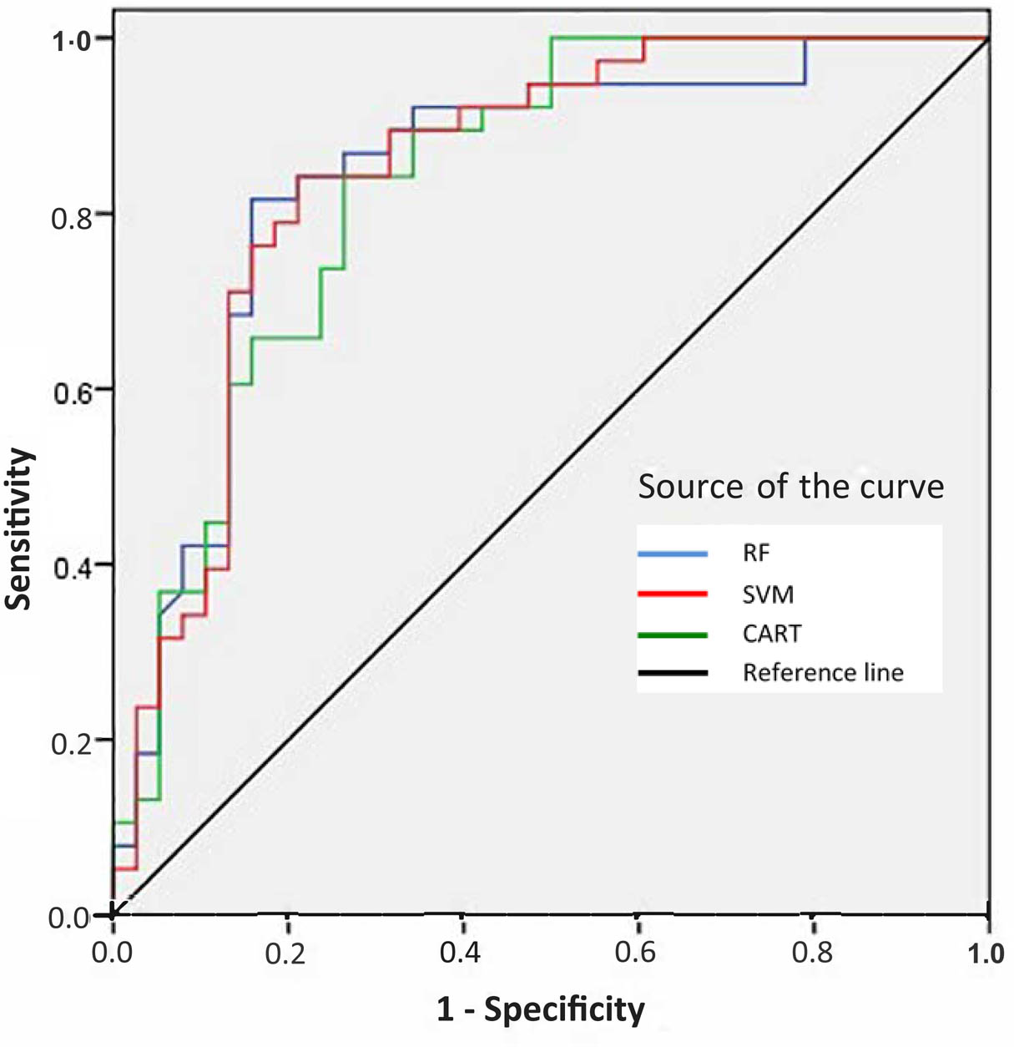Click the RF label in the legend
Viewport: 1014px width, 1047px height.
pos(756,554)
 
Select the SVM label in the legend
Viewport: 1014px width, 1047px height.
pos(768,594)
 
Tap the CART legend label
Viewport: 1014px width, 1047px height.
pos(772,634)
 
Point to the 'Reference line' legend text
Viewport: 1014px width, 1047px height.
pos(823,673)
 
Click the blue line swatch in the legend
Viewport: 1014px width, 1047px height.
pos(673,554)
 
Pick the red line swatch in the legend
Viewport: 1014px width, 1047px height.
pos(673,594)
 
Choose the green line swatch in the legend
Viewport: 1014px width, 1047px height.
pos(673,635)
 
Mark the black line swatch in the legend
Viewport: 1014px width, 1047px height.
pos(673,673)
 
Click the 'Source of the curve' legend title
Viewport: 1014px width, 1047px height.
pos(790,486)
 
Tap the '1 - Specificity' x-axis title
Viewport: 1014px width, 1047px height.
pos(541,1009)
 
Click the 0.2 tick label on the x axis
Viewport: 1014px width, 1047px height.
pos(286,953)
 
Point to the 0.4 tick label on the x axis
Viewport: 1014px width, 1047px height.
pos(462,953)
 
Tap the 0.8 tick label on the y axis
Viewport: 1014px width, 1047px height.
pos(71,219)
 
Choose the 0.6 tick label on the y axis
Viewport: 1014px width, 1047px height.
pos(71,393)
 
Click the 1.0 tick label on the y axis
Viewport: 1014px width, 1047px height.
pos(71,41)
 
